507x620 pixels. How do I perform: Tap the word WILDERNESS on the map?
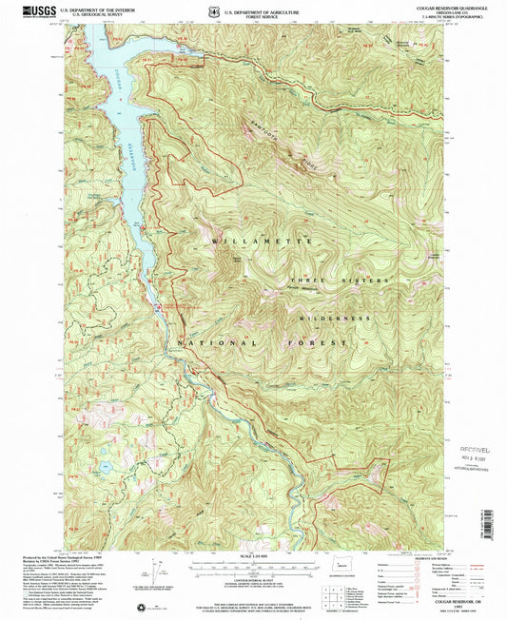[333, 318]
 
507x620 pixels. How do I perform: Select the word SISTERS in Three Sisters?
[370, 281]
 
